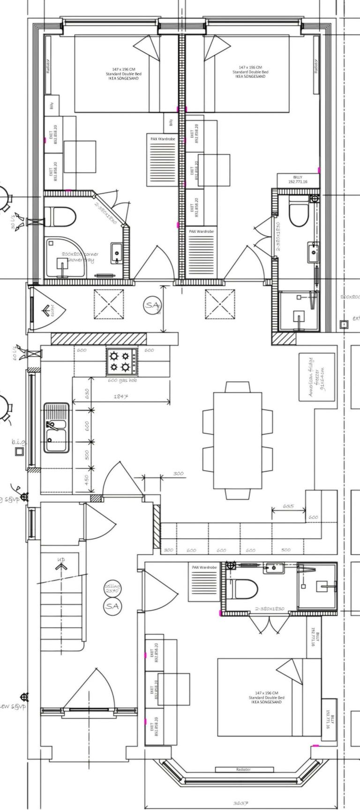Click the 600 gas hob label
(x=122, y=380)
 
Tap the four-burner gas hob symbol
(x=122, y=360)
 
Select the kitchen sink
(x=56, y=428)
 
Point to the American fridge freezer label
(x=317, y=377)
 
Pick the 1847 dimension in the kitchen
(x=121, y=397)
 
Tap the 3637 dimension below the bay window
(x=240, y=803)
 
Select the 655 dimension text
(x=289, y=506)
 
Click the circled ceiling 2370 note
(x=112, y=588)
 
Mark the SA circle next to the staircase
(x=112, y=606)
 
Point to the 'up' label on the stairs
(x=61, y=560)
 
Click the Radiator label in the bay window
(x=244, y=769)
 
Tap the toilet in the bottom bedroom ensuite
(x=246, y=589)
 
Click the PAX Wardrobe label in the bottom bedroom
(x=202, y=567)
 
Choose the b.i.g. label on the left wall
(x=19, y=441)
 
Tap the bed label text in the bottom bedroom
(x=266, y=697)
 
